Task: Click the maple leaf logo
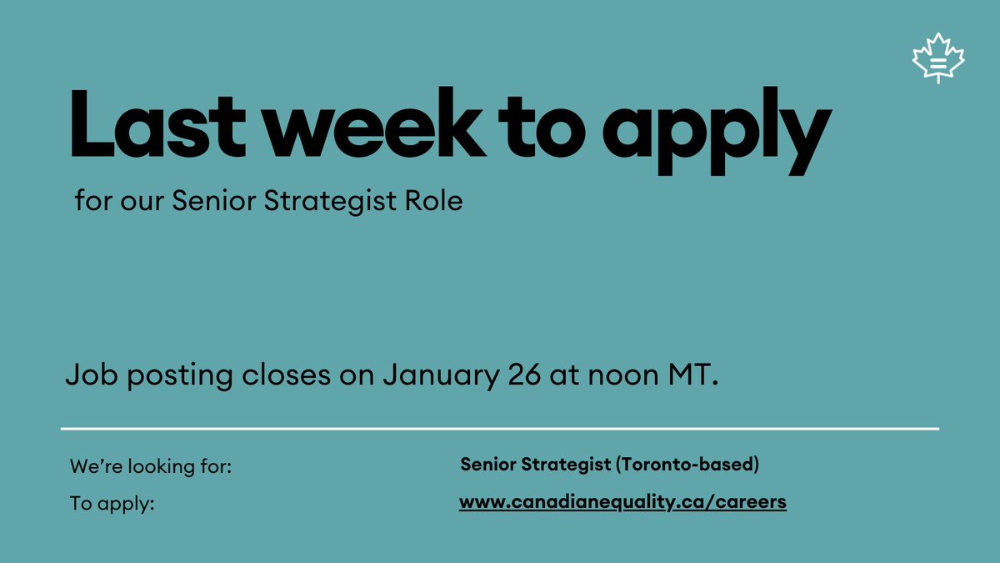point(938,58)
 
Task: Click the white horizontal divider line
point(500,429)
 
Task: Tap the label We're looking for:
point(151,466)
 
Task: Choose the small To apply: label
point(112,505)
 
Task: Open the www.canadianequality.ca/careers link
point(622,503)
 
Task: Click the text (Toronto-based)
point(687,465)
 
